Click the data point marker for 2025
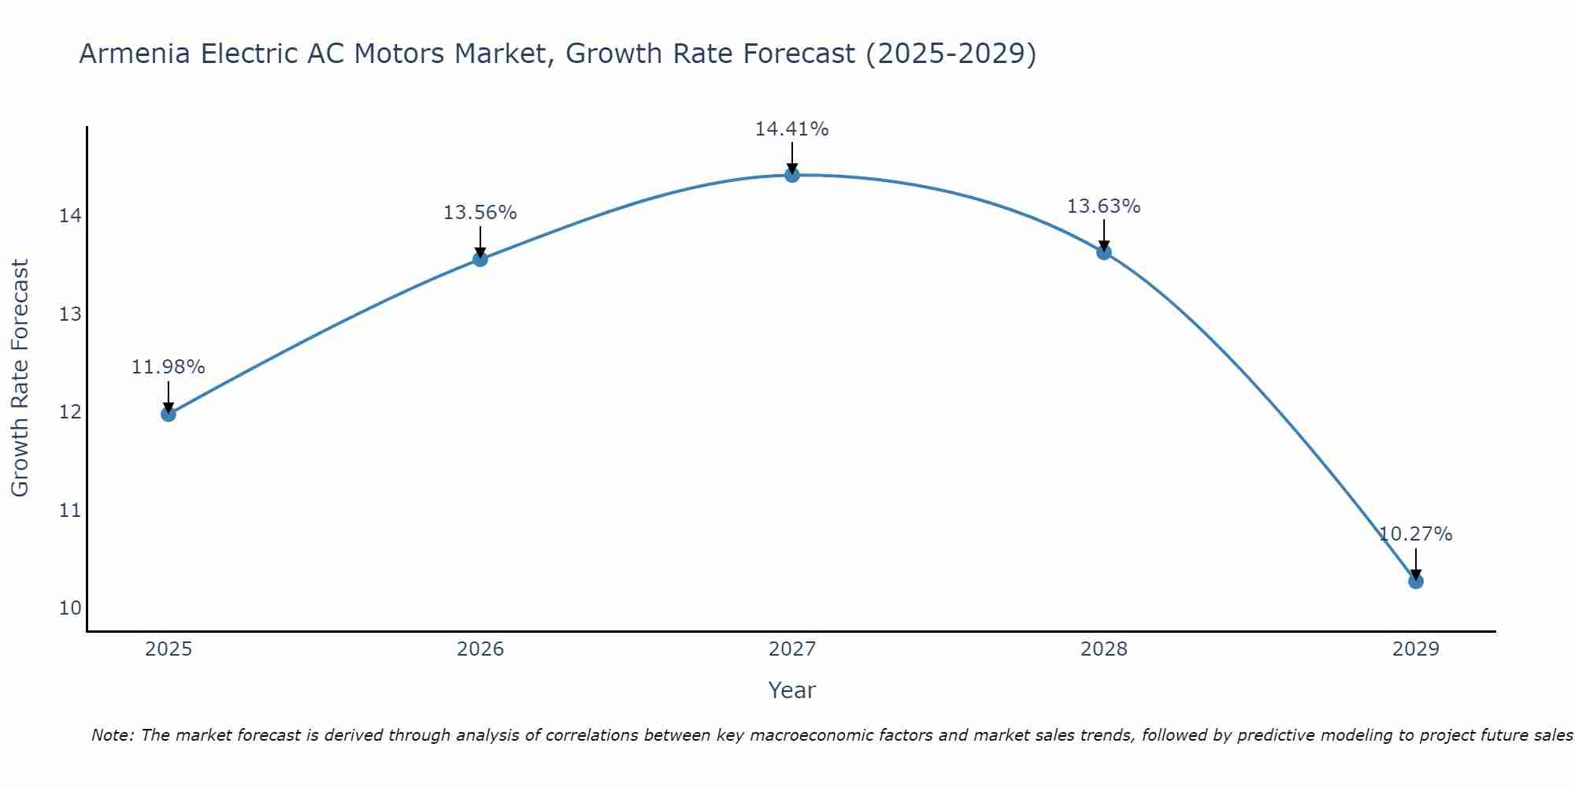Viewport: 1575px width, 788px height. [x=169, y=414]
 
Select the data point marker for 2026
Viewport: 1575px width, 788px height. [x=480, y=258]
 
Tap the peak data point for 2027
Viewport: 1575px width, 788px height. [x=792, y=175]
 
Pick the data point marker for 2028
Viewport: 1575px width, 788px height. [x=1104, y=252]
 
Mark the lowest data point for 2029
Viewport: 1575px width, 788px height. [x=1416, y=582]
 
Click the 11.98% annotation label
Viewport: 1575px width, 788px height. [x=168, y=367]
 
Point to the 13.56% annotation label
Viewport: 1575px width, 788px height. [x=480, y=213]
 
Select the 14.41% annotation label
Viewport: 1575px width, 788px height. [x=791, y=129]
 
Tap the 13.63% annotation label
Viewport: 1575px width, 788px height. [x=1103, y=206]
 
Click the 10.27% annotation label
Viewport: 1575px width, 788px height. [x=1415, y=534]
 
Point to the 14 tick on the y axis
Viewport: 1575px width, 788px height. [x=70, y=216]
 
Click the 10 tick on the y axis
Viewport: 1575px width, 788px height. [x=70, y=608]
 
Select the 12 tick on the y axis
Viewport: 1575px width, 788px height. [x=70, y=412]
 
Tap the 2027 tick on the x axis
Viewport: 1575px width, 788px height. [x=792, y=649]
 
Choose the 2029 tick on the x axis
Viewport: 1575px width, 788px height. [x=1416, y=649]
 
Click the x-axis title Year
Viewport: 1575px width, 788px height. [x=791, y=690]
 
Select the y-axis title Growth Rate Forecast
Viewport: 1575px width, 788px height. [x=20, y=378]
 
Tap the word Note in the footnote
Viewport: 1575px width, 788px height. [x=113, y=735]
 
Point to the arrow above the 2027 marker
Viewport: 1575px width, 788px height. [x=792, y=158]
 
